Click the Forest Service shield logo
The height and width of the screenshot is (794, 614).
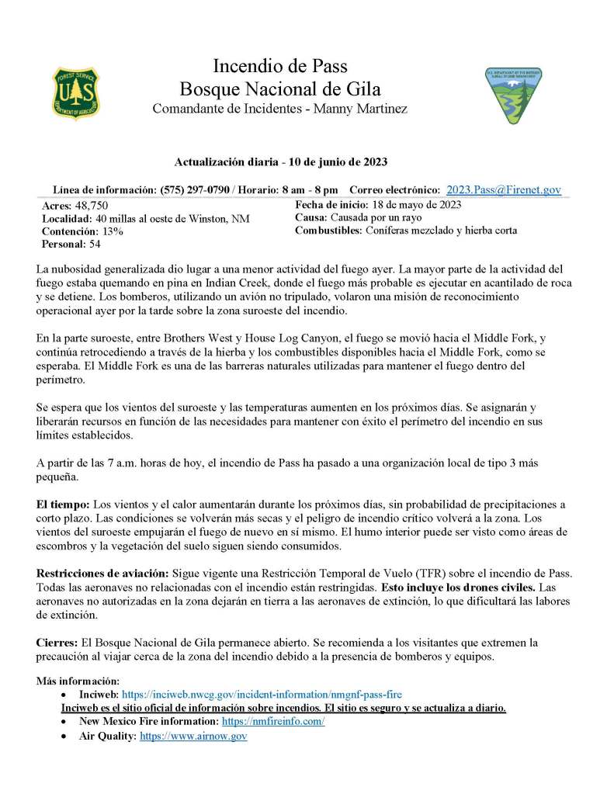[76, 92]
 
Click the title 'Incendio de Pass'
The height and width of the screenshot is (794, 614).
[279, 65]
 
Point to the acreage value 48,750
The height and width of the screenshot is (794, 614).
[91, 206]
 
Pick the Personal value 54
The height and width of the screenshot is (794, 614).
[95, 244]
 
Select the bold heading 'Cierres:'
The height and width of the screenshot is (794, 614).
[57, 643]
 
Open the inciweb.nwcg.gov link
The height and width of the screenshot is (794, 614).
[262, 694]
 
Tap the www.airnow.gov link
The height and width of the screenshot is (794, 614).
[193, 736]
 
